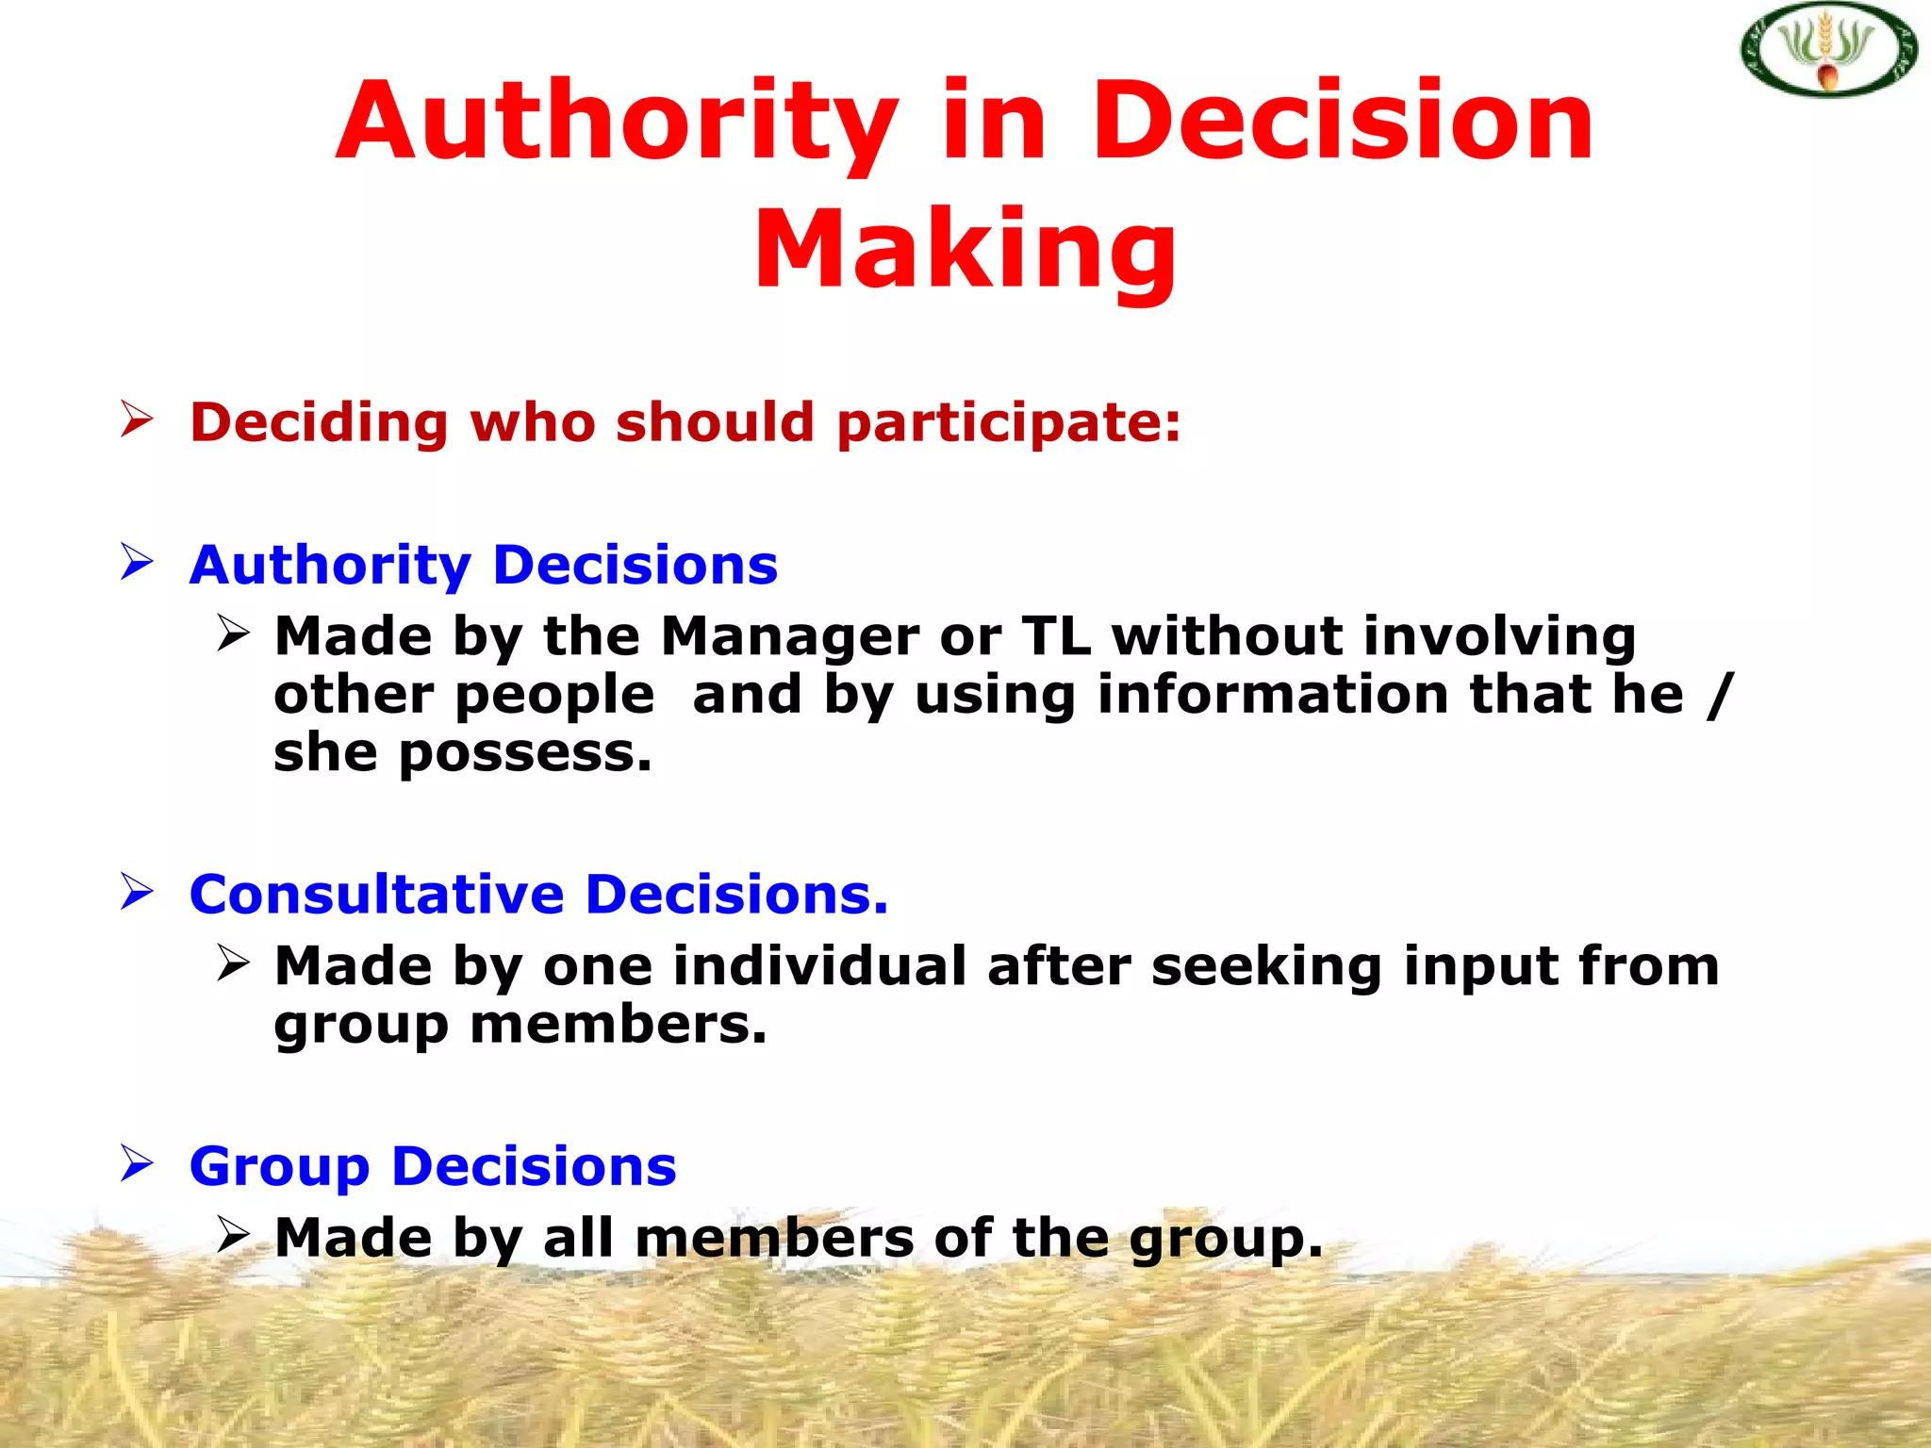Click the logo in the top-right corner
coord(1827,50)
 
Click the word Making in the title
coord(965,250)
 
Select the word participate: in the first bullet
coord(1009,422)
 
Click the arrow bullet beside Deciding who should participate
coord(137,419)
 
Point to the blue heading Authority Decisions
coord(484,566)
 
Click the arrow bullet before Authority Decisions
coord(137,562)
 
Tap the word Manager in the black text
coord(789,636)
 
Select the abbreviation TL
coord(1056,636)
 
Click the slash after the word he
coord(1720,696)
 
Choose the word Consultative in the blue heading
coord(376,895)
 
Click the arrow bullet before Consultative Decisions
coord(137,891)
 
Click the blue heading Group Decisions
coord(433,1167)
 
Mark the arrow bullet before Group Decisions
coord(137,1163)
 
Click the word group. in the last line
coord(1226,1240)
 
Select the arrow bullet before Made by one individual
coord(233,963)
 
